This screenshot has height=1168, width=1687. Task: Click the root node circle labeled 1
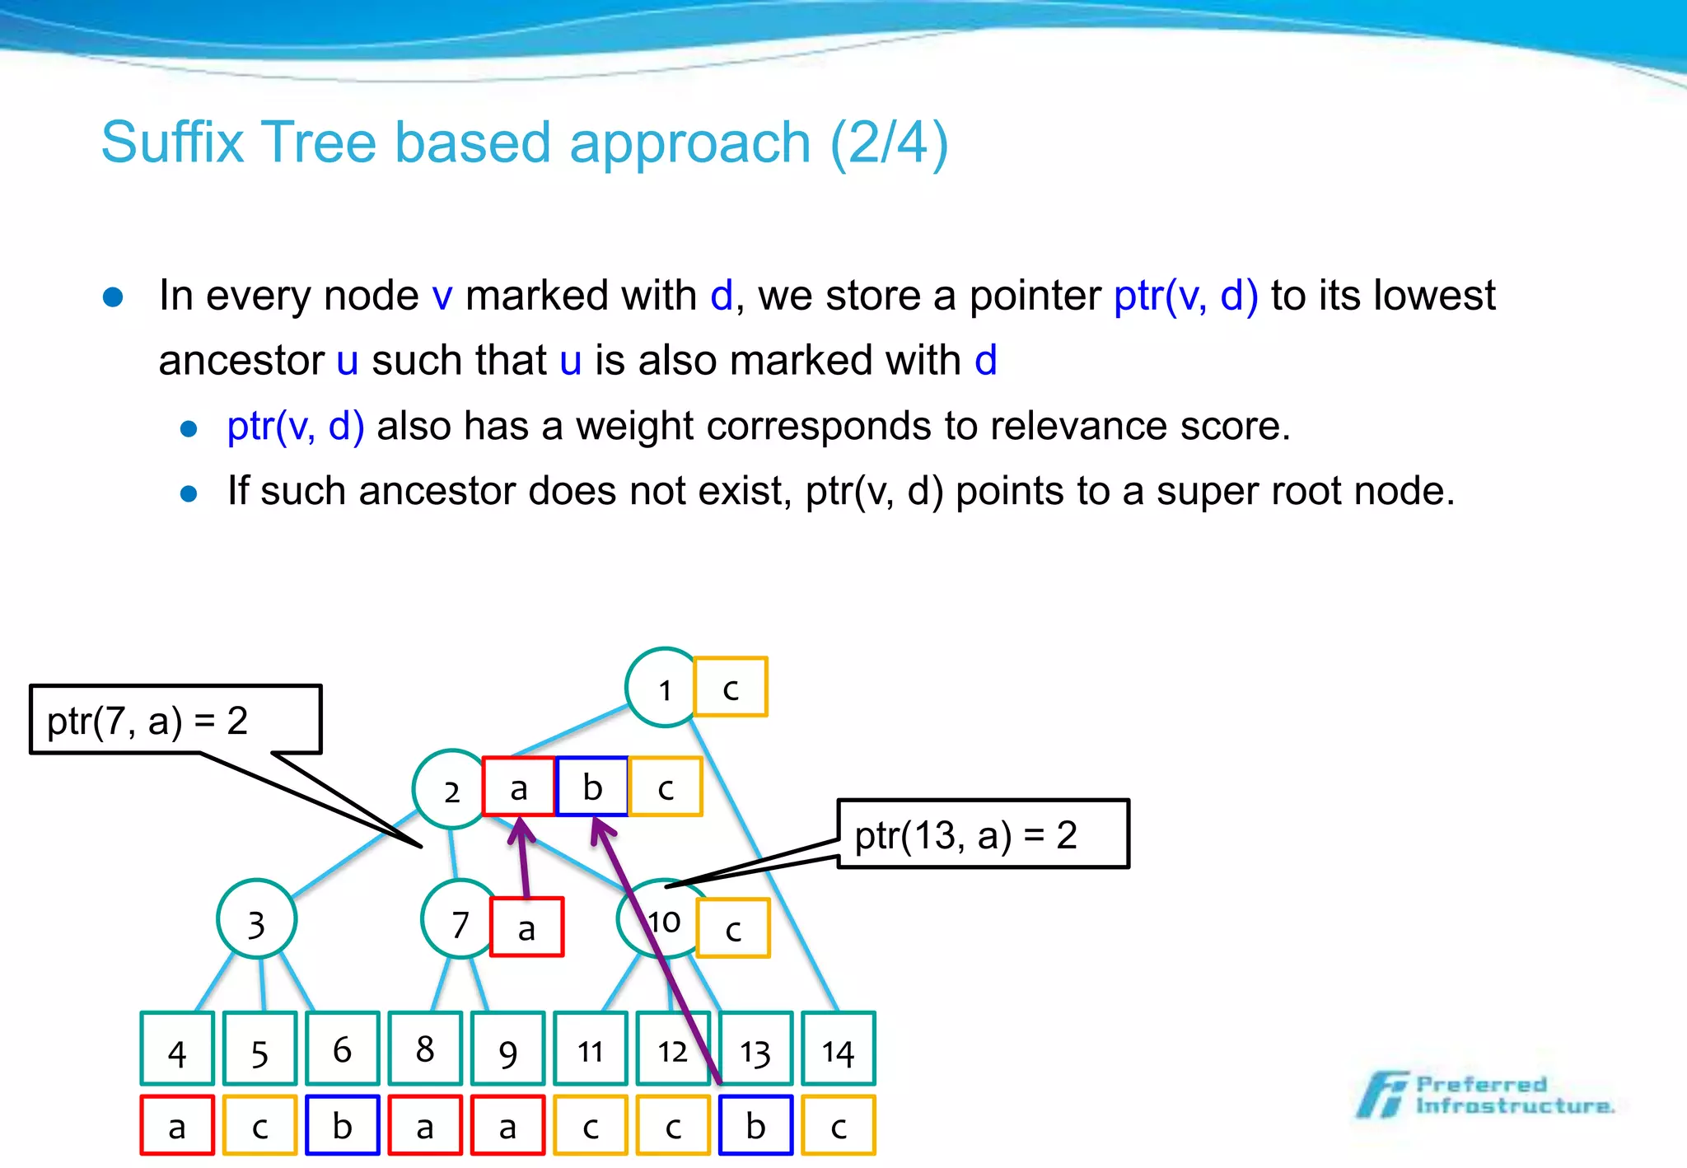pyautogui.click(x=664, y=688)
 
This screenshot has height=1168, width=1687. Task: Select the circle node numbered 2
pyautogui.click(x=451, y=789)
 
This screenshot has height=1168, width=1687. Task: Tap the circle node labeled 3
pyautogui.click(x=256, y=920)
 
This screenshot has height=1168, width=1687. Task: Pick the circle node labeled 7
pyautogui.click(x=459, y=920)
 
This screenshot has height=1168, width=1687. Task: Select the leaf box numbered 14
pyautogui.click(x=838, y=1049)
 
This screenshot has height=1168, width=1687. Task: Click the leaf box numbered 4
pyautogui.click(x=177, y=1049)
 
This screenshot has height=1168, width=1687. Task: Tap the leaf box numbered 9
pyautogui.click(x=507, y=1049)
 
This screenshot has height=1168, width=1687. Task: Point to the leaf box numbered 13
pyautogui.click(x=755, y=1049)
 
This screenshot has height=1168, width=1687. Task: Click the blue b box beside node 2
pyautogui.click(x=592, y=787)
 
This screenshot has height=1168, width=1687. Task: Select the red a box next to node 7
pyautogui.click(x=526, y=927)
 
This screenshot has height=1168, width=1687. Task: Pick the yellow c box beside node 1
pyautogui.click(x=730, y=687)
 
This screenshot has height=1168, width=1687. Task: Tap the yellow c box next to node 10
pyautogui.click(x=733, y=928)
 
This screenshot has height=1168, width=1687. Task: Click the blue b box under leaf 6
pyautogui.click(x=342, y=1125)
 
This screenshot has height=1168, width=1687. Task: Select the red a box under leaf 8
pyautogui.click(x=425, y=1125)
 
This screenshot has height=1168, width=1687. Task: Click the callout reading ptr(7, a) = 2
pyautogui.click(x=175, y=719)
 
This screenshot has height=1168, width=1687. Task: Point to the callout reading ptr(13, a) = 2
pyautogui.click(x=983, y=834)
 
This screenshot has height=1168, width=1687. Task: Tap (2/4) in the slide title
pyautogui.click(x=889, y=142)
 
